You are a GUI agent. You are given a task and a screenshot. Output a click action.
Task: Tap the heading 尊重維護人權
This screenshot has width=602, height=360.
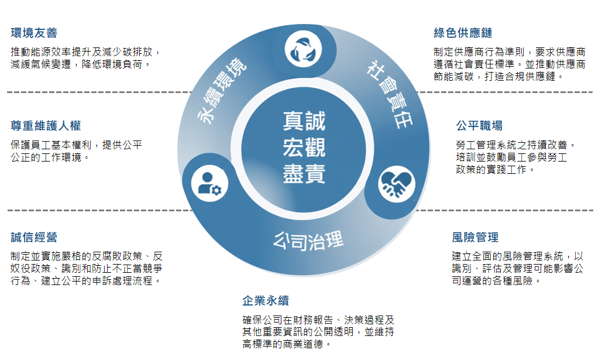coord(46,126)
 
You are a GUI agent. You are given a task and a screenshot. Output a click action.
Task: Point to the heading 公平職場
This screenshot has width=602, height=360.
coord(479,126)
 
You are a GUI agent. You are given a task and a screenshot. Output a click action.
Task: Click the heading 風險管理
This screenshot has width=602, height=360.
coord(475,237)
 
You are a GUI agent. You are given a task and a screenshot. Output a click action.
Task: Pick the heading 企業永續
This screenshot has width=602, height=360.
coord(266,301)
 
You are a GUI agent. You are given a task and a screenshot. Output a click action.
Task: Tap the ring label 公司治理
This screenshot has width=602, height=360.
coord(308,239)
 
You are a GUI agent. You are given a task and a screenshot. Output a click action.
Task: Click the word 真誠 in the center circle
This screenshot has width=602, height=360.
coord(304,121)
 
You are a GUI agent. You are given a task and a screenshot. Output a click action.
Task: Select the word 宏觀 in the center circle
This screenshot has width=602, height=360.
coord(304,147)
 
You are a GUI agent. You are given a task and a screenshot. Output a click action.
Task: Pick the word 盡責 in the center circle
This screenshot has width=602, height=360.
coord(304,174)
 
